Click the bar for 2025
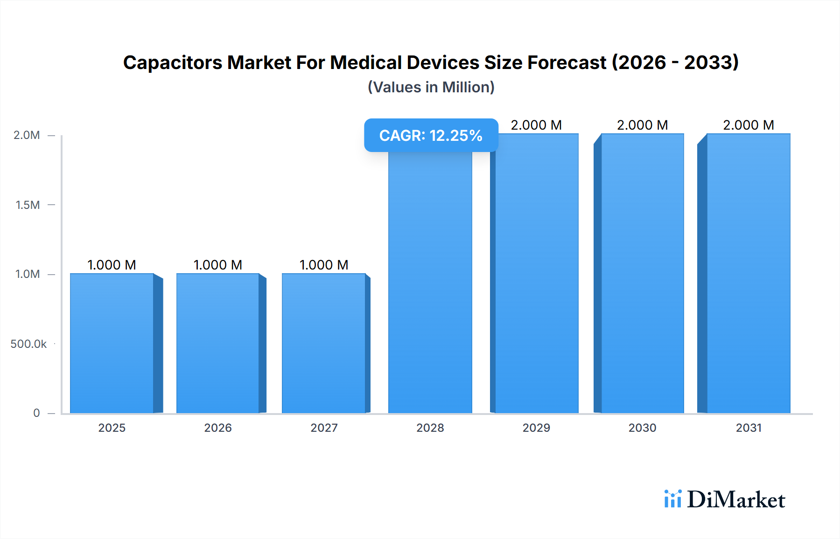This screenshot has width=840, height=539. [x=112, y=343]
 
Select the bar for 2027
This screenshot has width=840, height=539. [x=324, y=343]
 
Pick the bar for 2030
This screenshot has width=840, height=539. [x=642, y=273]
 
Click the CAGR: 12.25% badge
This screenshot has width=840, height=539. [x=431, y=135]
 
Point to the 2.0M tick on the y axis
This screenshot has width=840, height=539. [x=27, y=135]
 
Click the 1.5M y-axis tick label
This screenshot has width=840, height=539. [x=28, y=205]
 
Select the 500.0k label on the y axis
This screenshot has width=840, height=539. [x=28, y=344]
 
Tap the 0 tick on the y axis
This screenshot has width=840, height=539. [x=36, y=413]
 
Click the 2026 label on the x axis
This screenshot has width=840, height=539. [x=218, y=428]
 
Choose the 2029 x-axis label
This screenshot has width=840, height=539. [x=536, y=428]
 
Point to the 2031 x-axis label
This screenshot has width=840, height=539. [x=749, y=428]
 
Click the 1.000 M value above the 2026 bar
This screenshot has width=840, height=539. [x=218, y=265]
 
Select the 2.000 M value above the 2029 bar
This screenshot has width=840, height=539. [x=536, y=125]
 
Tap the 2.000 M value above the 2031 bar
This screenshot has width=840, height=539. [x=749, y=125]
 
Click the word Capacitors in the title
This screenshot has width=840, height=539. [x=173, y=62]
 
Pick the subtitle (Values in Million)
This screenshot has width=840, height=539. [x=431, y=87]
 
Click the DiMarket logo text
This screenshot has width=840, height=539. [x=736, y=500]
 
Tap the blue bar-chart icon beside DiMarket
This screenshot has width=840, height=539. [x=672, y=499]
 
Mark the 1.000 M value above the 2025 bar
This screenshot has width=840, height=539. [x=112, y=265]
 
